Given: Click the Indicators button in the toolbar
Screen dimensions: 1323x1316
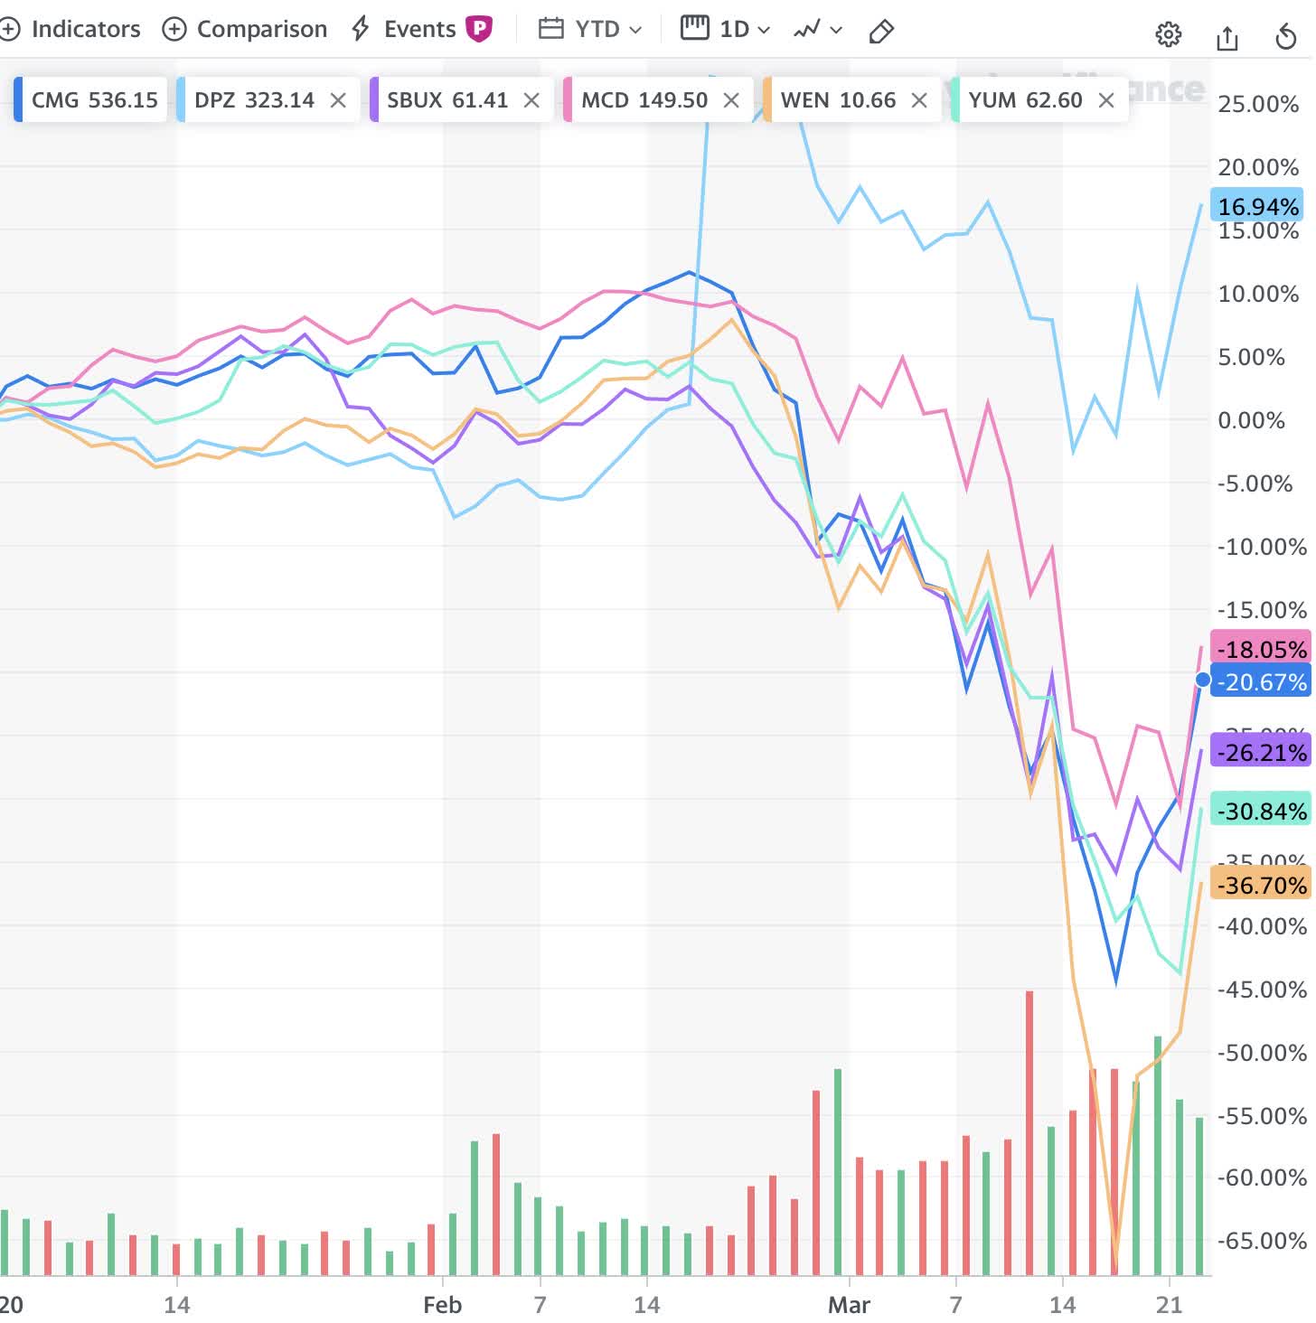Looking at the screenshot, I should pyautogui.click(x=72, y=30).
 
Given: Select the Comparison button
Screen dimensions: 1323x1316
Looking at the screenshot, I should pyautogui.click(x=245, y=30).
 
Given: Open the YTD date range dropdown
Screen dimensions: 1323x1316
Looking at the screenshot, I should pyautogui.click(x=591, y=30).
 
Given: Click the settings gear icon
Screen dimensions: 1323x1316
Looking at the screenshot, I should pyautogui.click(x=1168, y=34).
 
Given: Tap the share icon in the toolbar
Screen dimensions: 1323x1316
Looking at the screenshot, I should pyautogui.click(x=1227, y=36).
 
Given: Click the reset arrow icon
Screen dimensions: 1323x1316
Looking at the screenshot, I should pyautogui.click(x=1285, y=36).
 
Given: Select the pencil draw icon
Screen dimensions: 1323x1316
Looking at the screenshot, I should pyautogui.click(x=881, y=33).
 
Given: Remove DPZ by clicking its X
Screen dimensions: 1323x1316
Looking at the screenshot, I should pyautogui.click(x=338, y=100).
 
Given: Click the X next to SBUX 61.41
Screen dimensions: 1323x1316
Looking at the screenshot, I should pyautogui.click(x=531, y=100).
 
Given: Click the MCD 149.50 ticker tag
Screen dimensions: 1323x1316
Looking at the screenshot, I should pyautogui.click(x=644, y=100).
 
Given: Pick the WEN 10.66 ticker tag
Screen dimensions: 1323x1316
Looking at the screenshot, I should pyautogui.click(x=838, y=100).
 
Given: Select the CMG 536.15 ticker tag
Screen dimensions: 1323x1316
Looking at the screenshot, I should pyautogui.click(x=94, y=100).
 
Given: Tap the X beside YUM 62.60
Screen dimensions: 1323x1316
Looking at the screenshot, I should pyautogui.click(x=1106, y=100).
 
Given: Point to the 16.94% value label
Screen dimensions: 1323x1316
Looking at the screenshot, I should pyautogui.click(x=1257, y=207).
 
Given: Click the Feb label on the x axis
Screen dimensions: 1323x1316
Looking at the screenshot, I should pyautogui.click(x=443, y=1305).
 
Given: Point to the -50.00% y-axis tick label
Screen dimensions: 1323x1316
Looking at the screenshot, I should pyautogui.click(x=1262, y=1053).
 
